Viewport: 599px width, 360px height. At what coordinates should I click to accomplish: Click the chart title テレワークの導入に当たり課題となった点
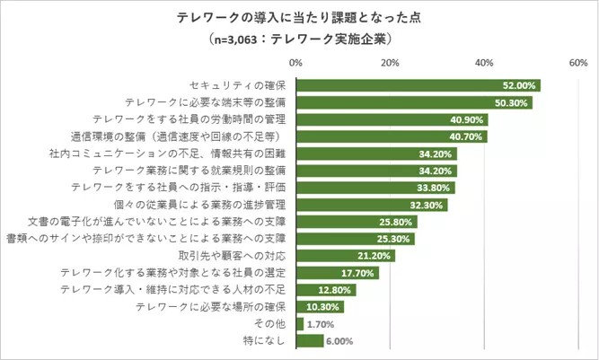coord(299,18)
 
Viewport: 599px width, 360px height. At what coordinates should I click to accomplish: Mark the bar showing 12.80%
coord(325,290)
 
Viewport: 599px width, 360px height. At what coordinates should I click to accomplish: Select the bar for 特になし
coord(309,341)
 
